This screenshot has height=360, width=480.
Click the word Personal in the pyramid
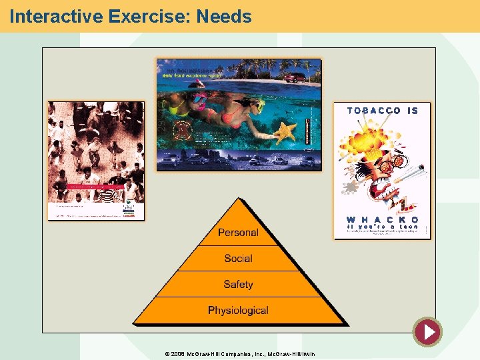click(238, 233)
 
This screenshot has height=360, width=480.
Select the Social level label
click(238, 259)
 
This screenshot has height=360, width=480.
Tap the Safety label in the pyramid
click(238, 285)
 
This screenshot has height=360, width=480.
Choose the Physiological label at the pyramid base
click(238, 311)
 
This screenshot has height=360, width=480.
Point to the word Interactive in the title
click(54, 16)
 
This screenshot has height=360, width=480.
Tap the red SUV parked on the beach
click(294, 77)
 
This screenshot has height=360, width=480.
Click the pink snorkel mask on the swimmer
click(200, 102)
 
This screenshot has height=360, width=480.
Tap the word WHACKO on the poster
click(382, 219)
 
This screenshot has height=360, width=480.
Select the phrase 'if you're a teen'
click(382, 227)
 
